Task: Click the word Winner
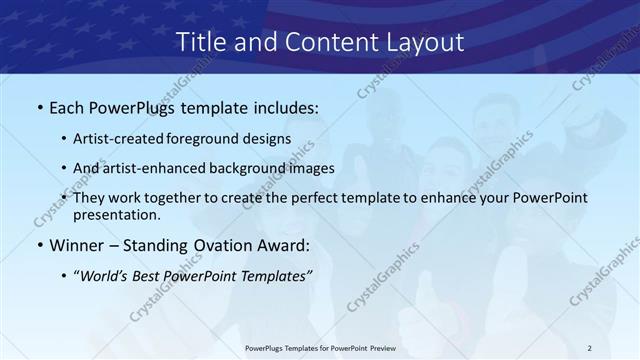77,245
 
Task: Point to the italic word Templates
277,276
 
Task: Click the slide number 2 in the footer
589,349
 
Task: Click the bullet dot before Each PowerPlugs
39,106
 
